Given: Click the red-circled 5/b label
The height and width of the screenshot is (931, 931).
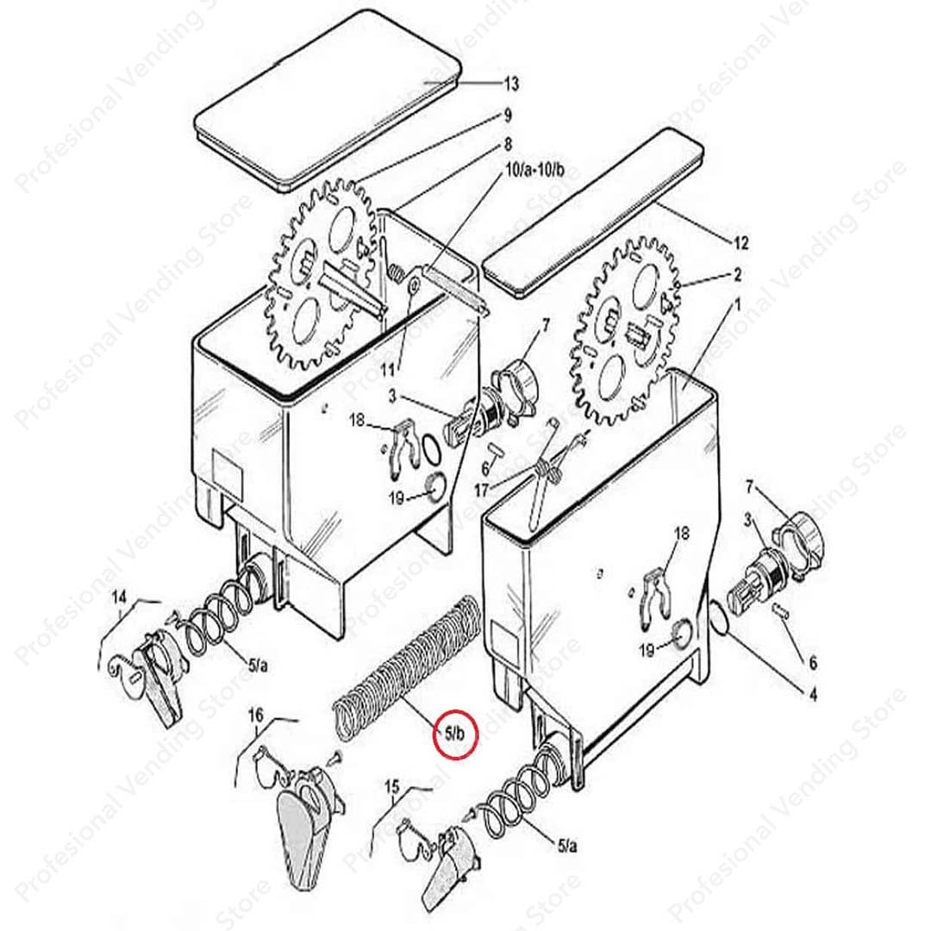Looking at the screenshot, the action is click(455, 734).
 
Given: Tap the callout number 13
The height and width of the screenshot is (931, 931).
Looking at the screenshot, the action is click(511, 84).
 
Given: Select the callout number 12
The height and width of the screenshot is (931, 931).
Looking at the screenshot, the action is click(741, 243).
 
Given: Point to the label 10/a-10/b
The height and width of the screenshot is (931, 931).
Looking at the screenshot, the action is click(534, 171).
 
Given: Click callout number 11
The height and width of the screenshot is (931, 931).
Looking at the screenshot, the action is click(387, 370).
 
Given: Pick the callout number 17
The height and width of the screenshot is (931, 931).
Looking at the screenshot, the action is click(483, 491).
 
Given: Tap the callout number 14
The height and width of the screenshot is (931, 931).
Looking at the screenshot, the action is click(119, 598).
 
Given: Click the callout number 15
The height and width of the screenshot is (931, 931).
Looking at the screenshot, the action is click(392, 788).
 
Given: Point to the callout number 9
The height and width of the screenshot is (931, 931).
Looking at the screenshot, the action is click(508, 116).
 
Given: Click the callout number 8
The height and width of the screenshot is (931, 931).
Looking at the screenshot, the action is click(508, 144).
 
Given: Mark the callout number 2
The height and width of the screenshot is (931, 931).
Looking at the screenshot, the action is click(737, 275).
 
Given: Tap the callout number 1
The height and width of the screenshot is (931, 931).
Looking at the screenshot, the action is click(738, 306).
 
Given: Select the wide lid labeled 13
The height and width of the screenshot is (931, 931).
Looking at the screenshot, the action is click(328, 100).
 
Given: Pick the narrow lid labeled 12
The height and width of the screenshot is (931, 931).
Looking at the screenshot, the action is click(594, 213).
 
